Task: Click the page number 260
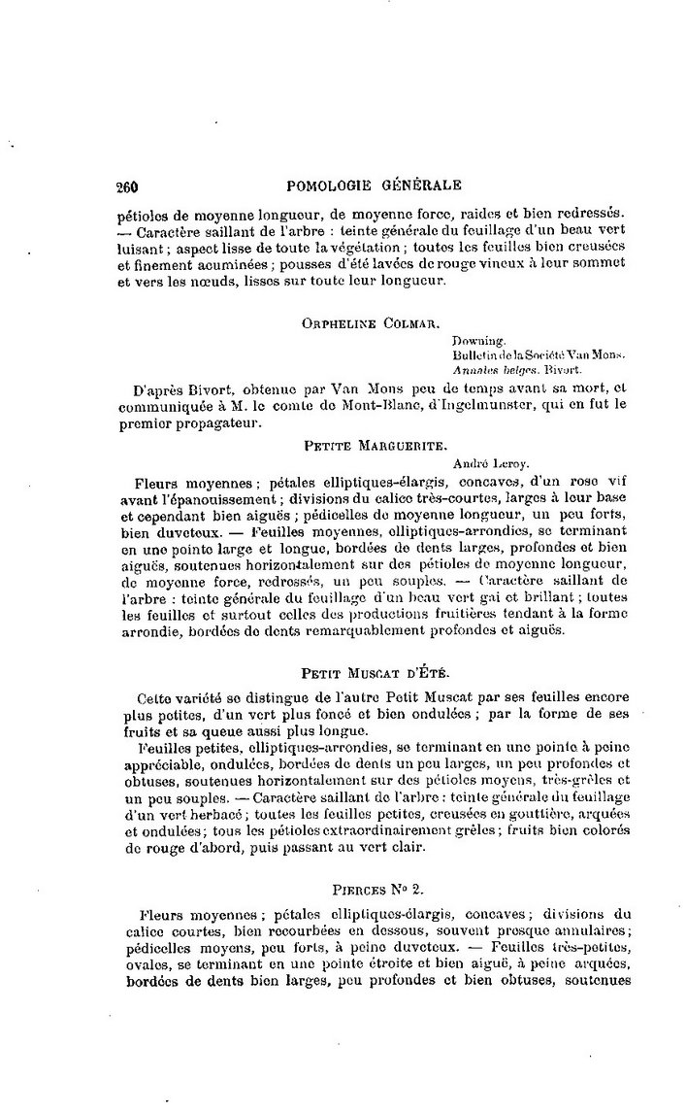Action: tap(129, 187)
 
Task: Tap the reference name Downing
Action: tap(476, 342)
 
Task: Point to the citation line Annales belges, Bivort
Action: tap(516, 370)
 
